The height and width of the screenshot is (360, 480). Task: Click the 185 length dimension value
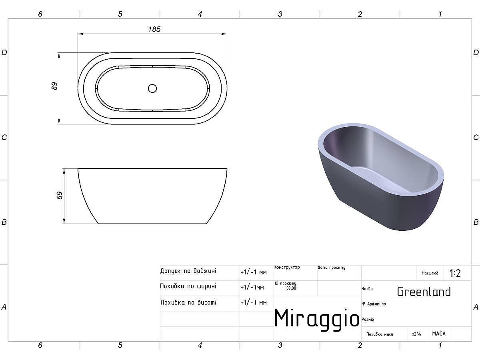tap(154, 29)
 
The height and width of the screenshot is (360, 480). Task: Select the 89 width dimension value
tap(54, 86)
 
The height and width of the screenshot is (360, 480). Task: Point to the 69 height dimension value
tap(60, 195)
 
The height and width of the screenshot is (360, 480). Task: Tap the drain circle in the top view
tap(152, 88)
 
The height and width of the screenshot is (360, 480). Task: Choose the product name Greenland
tap(424, 292)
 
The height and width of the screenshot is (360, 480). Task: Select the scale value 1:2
tap(455, 273)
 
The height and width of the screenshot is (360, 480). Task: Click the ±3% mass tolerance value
tap(416, 334)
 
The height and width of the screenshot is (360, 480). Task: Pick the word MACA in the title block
tap(439, 334)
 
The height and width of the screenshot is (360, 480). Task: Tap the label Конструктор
tap(287, 267)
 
